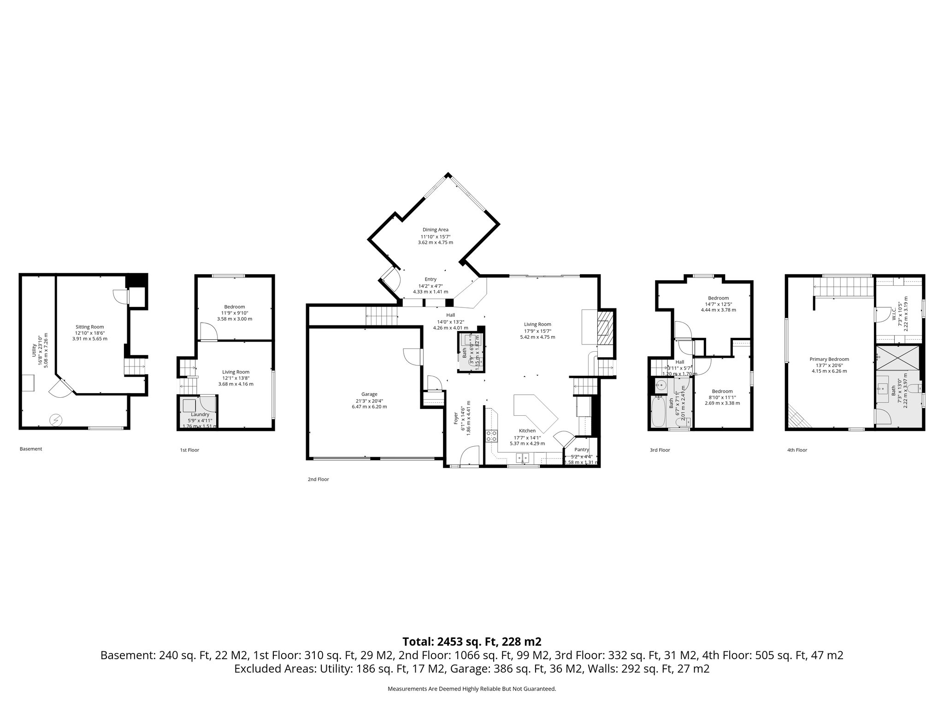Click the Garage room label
click(x=369, y=394)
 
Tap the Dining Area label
click(x=435, y=230)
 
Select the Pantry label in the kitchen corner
click(x=582, y=449)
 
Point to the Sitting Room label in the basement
click(x=90, y=327)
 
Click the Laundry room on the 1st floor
click(x=200, y=414)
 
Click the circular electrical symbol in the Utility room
click(x=56, y=419)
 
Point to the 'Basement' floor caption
click(x=31, y=448)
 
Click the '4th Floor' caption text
click(x=797, y=450)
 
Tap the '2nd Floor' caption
click(x=318, y=479)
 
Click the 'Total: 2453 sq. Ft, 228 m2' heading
click(x=472, y=641)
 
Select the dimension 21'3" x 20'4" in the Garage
click(x=369, y=401)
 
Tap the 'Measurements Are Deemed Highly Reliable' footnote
click(x=472, y=689)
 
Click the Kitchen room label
click(x=527, y=431)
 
